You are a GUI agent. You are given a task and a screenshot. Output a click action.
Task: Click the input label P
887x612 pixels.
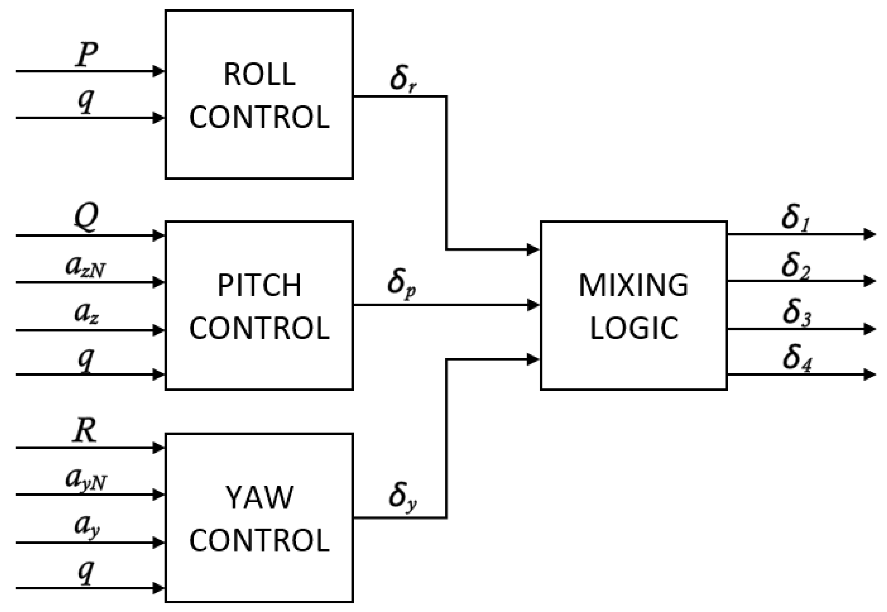point(87,55)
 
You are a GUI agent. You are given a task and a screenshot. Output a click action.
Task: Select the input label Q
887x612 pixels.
point(86,218)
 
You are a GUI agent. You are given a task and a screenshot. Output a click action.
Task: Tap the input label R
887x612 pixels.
point(84,431)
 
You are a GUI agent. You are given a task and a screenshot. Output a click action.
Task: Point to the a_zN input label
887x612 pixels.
point(85,267)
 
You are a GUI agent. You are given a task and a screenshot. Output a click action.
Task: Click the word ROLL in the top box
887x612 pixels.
point(259,74)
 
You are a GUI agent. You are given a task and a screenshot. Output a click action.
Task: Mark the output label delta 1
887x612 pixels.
point(795,219)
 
